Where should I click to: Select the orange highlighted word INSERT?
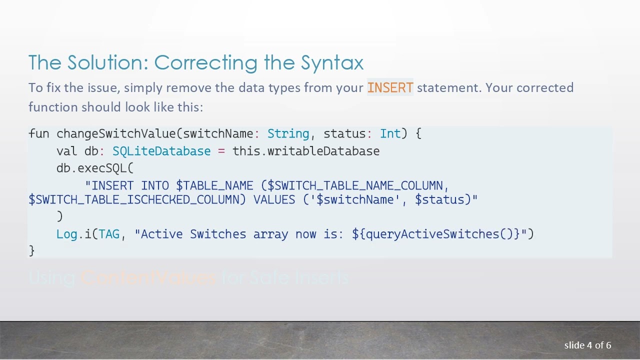pos(390,88)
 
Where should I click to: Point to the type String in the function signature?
pos(288,134)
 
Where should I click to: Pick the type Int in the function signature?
pos(390,134)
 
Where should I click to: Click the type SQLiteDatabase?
pos(161,151)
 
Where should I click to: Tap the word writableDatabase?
pos(323,151)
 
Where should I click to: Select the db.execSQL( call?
pos(95,168)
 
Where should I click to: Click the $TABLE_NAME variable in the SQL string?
pos(214,186)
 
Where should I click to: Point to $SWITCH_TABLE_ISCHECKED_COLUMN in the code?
pos(137,200)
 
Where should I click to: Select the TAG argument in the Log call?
pos(109,234)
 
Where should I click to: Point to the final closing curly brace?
pos(32,250)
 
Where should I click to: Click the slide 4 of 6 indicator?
pos(587,345)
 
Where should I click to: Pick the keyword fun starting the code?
pos(39,134)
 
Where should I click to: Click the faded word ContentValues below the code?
pos(148,277)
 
